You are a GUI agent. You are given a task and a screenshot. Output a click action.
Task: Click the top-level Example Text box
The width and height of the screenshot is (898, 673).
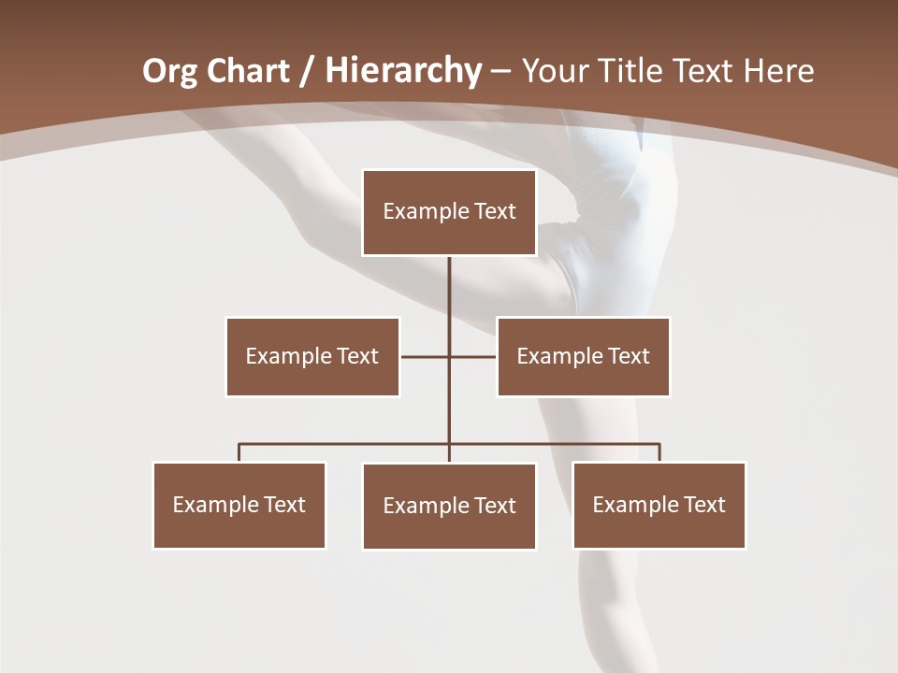[449, 212]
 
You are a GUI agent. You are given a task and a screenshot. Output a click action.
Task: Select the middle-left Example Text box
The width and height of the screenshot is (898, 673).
[312, 356]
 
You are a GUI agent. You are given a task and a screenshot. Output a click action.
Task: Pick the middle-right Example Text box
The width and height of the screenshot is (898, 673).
[583, 356]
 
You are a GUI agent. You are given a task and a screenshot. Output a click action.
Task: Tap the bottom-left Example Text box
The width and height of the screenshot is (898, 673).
[239, 505]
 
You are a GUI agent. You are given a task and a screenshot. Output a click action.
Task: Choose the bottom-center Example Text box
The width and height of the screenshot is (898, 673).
[449, 506]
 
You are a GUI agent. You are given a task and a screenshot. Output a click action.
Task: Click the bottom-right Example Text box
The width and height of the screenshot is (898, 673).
[659, 505]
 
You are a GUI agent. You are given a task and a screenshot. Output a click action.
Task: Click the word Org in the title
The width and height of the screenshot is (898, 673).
[169, 71]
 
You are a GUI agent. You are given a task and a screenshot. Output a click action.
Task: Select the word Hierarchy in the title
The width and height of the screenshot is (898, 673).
[403, 71]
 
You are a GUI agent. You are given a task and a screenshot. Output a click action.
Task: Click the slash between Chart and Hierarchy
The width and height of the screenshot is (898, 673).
[307, 71]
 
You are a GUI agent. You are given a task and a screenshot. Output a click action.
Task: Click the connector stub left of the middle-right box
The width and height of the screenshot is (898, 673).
[473, 356]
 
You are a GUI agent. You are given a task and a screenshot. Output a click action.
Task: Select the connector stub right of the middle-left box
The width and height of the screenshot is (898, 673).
[424, 356]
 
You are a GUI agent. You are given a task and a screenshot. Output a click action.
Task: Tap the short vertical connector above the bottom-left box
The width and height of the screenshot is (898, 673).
[239, 452]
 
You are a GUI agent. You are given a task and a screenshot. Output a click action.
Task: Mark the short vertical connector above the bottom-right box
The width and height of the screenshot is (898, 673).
[659, 452]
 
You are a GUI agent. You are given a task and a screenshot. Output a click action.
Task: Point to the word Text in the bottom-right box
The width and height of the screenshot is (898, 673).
[703, 505]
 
